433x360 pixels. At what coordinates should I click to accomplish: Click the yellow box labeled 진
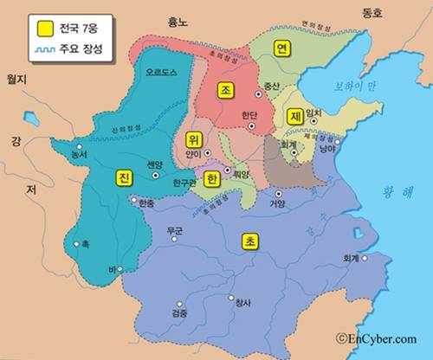[x=124, y=177]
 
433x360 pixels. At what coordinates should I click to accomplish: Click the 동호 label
[x=372, y=12]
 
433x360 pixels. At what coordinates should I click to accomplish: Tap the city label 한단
[x=248, y=114]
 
